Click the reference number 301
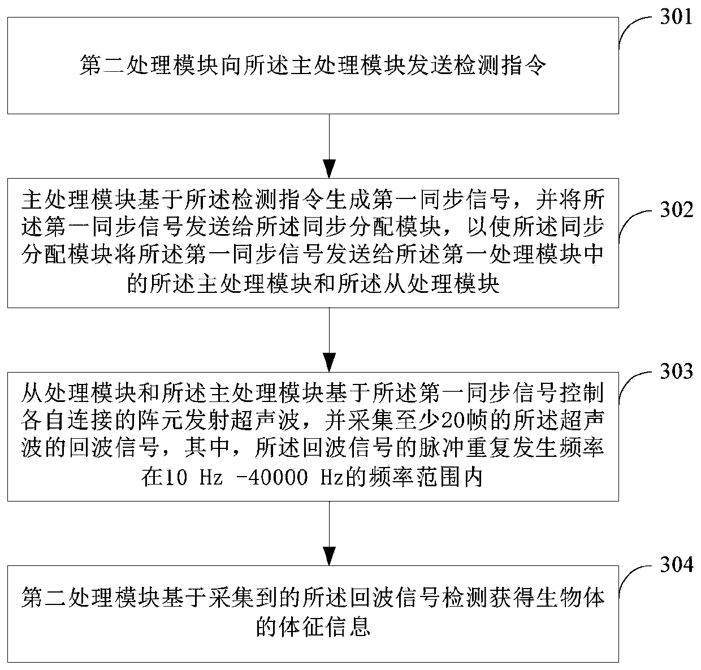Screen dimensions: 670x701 coord(674,16)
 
